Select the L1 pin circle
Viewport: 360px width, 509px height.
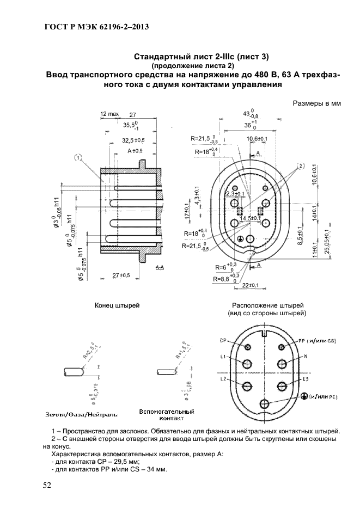248,364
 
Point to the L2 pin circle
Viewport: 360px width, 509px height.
248,386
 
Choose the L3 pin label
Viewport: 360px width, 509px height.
306,378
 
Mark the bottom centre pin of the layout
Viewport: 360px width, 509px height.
265,403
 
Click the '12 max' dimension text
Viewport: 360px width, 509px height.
109,114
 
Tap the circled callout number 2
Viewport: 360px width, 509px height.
300,165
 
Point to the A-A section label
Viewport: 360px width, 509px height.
161,268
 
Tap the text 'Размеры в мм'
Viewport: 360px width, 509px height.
316,103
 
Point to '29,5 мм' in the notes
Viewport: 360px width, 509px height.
128,461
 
